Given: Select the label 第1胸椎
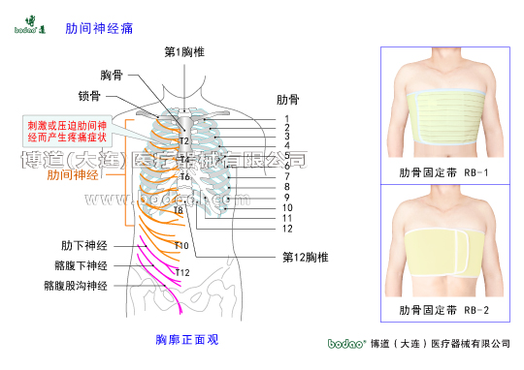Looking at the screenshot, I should click(183, 51).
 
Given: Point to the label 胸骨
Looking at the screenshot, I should click(113, 76).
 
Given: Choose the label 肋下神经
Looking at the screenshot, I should click(83, 245).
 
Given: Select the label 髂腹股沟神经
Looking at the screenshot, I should click(75, 286).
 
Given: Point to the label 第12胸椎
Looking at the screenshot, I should click(306, 258).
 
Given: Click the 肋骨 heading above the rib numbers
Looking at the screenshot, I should click(289, 99).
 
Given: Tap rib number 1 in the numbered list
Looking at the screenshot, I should click(287, 117).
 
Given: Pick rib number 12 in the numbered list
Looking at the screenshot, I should click(287, 229).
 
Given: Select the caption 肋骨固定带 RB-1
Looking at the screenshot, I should click(442, 173).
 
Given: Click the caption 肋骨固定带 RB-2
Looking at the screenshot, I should click(442, 311).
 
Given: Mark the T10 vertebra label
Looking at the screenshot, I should click(181, 246).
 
